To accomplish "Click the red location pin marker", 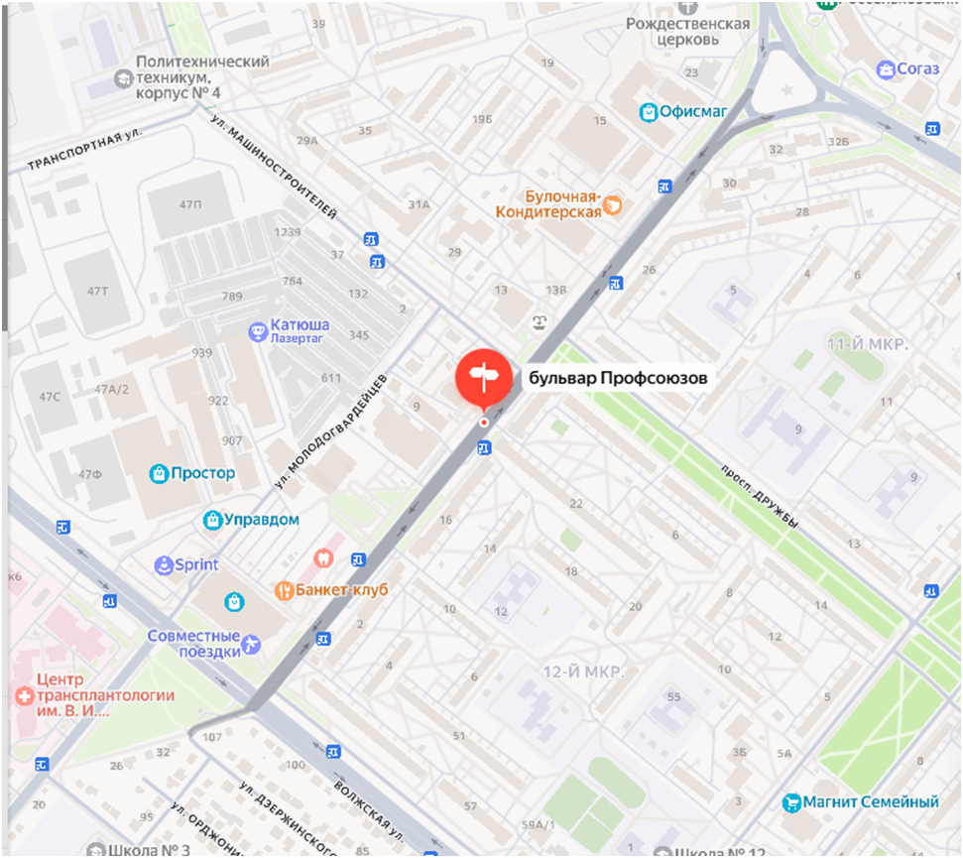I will coord(483,378).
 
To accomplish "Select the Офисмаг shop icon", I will coord(649,111).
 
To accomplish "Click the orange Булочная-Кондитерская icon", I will coord(614,205).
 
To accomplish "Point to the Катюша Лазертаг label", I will coord(301,330).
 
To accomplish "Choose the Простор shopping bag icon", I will coord(158,474).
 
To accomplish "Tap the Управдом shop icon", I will coord(211,520).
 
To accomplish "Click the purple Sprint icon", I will coord(163,565).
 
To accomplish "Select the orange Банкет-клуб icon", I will coord(283,591).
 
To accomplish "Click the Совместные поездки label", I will coord(194,643).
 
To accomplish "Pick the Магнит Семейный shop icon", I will coord(791,801).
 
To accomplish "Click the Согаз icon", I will coord(886,69).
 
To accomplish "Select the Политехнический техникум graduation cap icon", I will coord(121,77).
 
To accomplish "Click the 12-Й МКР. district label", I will coord(582,673).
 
